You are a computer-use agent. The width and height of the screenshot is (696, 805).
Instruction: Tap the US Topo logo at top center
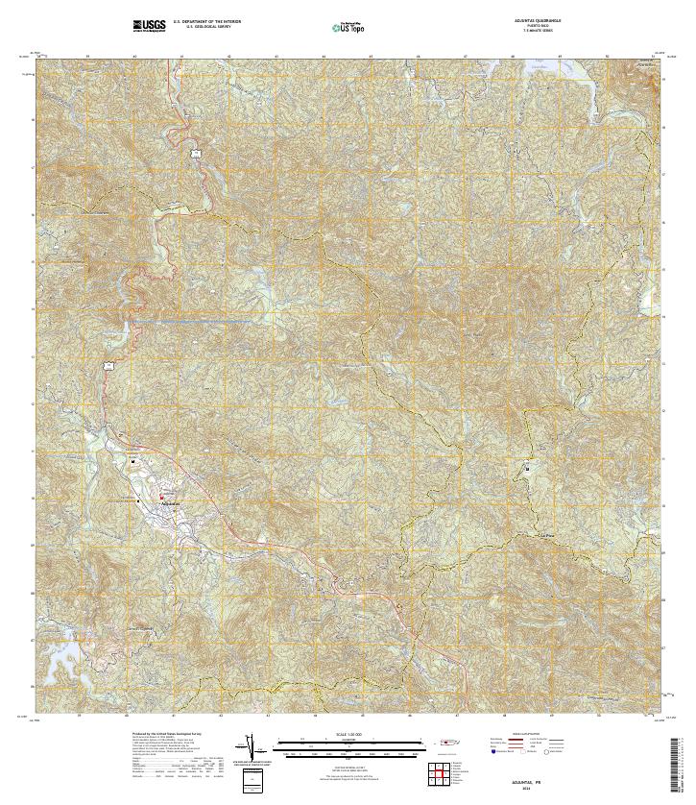pos(347,28)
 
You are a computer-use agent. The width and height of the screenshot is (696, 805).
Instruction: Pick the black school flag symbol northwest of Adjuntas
pos(133,461)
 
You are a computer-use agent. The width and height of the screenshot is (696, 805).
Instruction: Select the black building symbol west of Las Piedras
pos(527,469)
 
